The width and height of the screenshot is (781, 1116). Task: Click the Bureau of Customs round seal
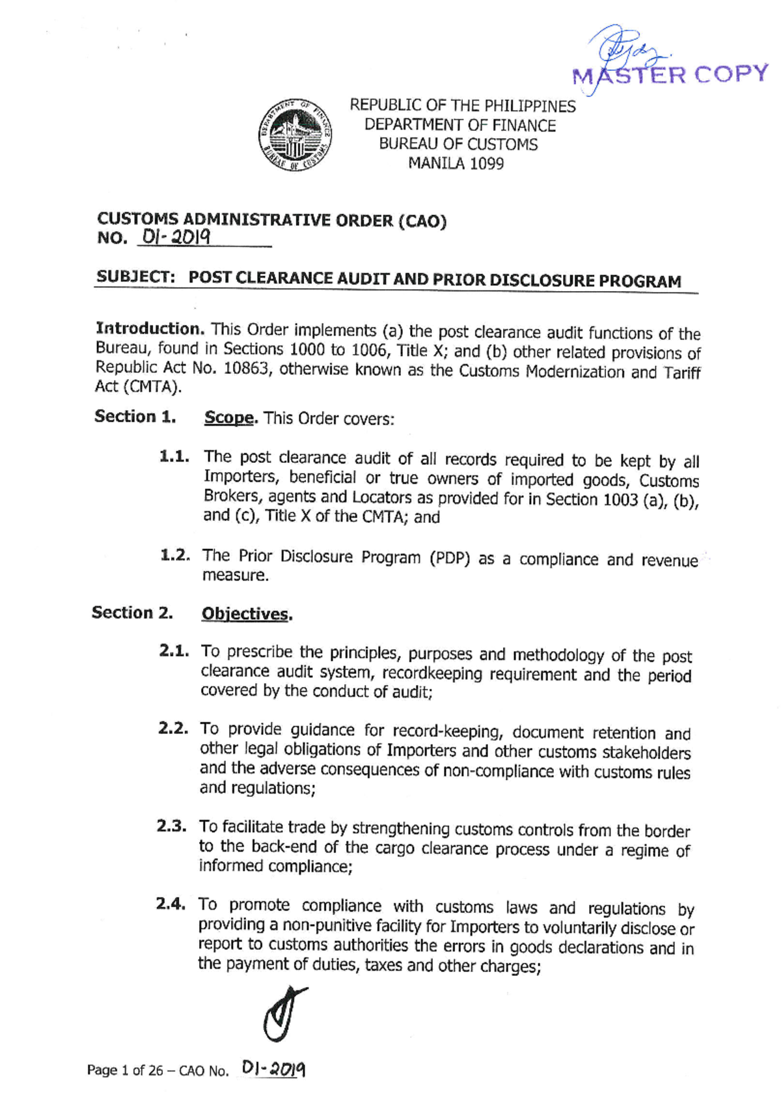pos(295,135)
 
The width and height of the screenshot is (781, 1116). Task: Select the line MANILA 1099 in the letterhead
pos(456,163)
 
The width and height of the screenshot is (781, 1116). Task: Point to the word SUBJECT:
pos(136,277)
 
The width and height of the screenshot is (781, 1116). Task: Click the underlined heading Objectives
pos(245,614)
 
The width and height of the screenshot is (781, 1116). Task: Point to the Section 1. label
pos(135,417)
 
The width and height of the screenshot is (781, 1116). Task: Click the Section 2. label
pos(133,613)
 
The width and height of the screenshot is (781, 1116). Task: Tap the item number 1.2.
pos(175,555)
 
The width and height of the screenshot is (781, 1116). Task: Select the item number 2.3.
pos(172,826)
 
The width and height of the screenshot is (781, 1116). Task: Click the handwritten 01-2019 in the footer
pos(273,1068)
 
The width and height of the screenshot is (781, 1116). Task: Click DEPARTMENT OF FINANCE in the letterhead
pos(460,125)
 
